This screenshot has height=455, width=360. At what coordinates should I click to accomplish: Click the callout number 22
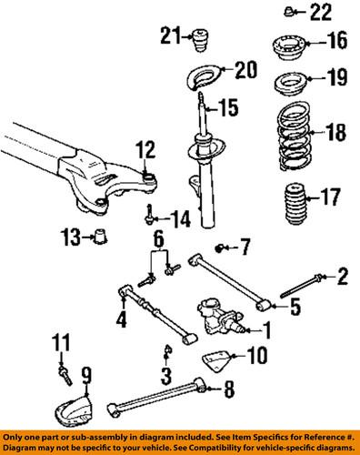pos(321,12)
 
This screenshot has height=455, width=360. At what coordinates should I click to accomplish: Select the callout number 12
pos(146,148)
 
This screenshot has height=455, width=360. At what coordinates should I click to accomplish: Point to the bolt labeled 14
pos(149,215)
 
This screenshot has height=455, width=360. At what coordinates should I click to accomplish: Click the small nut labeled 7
pos(221,248)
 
